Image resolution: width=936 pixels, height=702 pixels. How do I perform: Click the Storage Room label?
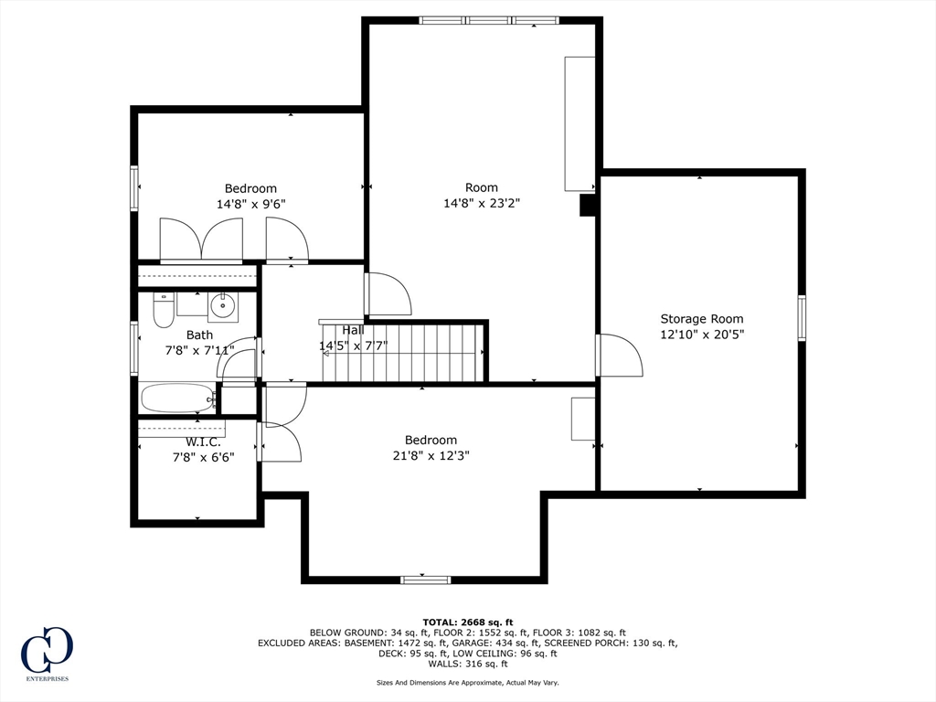click(x=702, y=319)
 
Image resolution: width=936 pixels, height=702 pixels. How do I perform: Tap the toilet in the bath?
click(x=163, y=311)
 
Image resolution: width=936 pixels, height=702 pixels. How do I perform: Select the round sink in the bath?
click(x=223, y=306)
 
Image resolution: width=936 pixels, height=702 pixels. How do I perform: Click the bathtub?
click(x=178, y=399)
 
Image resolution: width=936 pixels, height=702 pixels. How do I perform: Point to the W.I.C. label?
click(x=203, y=442)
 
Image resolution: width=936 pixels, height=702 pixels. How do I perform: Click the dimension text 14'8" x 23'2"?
click(x=482, y=203)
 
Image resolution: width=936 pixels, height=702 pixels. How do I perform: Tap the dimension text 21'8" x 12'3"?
click(x=431, y=456)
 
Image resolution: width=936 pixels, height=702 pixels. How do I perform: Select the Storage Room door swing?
click(x=621, y=355)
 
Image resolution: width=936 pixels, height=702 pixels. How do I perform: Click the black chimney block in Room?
click(x=588, y=205)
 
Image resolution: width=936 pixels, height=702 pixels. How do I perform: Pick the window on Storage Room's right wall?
click(x=802, y=317)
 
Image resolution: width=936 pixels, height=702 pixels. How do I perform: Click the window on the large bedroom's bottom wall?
click(x=426, y=580)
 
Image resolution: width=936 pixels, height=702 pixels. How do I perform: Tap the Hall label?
click(x=354, y=330)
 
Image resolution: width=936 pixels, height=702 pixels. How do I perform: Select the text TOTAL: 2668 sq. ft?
click(x=468, y=622)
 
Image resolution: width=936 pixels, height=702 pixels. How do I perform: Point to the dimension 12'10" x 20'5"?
click(x=702, y=335)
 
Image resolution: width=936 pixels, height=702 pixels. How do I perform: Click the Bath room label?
click(x=199, y=335)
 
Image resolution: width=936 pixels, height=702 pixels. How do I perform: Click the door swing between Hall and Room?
click(x=388, y=293)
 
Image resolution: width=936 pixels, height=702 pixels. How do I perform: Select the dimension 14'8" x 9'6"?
click(x=250, y=204)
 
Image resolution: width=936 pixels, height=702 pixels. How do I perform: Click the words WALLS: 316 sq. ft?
click(x=468, y=664)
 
